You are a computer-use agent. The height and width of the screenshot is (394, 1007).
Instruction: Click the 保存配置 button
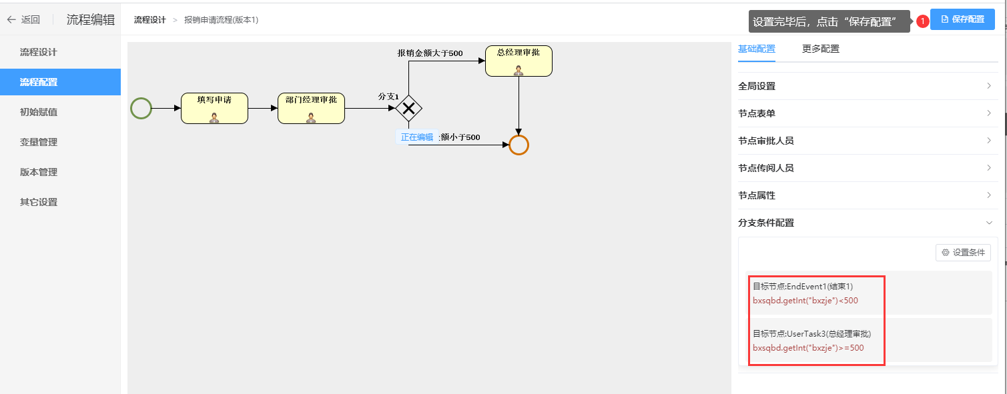point(962,20)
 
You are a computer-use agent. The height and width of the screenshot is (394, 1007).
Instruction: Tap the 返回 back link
point(24,20)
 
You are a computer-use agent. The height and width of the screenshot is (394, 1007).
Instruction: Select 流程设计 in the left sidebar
point(39,52)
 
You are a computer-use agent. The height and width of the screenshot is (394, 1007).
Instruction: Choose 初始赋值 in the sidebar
point(39,112)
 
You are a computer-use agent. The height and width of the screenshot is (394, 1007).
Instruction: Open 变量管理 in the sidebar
point(39,142)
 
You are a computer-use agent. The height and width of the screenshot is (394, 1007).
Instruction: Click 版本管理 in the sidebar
point(39,172)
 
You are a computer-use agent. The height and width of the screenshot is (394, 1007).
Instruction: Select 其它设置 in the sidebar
point(39,202)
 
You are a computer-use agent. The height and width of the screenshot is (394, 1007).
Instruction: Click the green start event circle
point(141,108)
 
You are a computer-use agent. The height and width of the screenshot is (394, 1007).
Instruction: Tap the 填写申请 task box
point(214,108)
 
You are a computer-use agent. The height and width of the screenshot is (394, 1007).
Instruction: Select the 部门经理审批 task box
point(311,108)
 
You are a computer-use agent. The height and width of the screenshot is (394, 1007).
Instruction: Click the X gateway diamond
point(408,108)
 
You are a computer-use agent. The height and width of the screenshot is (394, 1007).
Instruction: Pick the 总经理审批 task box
point(519,61)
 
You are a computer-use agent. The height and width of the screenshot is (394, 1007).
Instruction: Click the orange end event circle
point(519,145)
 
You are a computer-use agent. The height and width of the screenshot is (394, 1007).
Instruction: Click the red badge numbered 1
point(922,21)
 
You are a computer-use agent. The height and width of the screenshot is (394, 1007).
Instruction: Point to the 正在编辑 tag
point(417,137)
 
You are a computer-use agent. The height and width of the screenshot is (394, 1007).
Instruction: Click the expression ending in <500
point(805,301)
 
